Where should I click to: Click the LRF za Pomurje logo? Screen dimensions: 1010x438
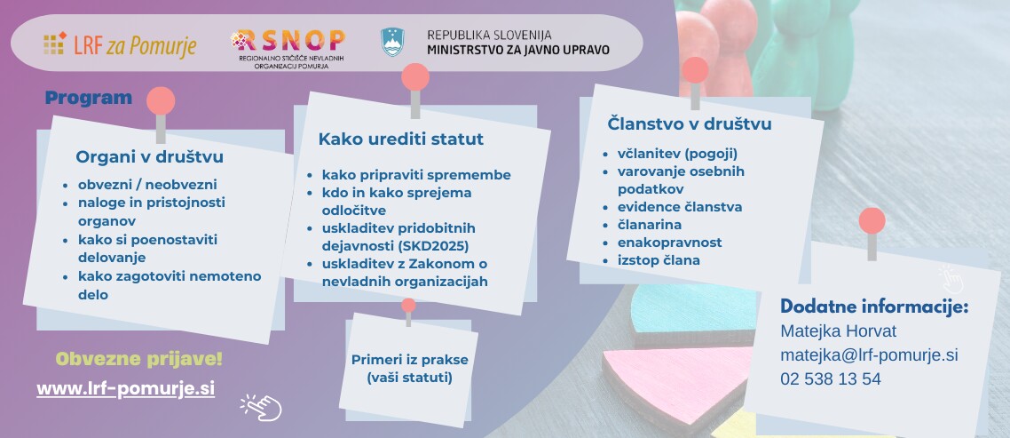pyautogui.click(x=120, y=44)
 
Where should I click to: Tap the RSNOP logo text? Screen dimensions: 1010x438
pyautogui.click(x=288, y=41)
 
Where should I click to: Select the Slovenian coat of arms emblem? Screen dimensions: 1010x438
pyautogui.click(x=392, y=42)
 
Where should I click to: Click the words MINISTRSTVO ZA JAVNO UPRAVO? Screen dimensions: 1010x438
pyautogui.click(x=518, y=50)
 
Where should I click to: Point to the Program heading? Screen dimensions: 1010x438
pyautogui.click(x=88, y=98)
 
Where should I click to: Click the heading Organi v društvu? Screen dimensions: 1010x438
pyautogui.click(x=149, y=156)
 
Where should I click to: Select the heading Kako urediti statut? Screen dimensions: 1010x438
pyautogui.click(x=400, y=139)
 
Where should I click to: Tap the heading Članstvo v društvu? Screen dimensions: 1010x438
pyautogui.click(x=690, y=123)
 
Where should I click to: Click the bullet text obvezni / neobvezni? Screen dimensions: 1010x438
pyautogui.click(x=147, y=185)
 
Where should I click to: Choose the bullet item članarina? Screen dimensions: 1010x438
pyautogui.click(x=650, y=225)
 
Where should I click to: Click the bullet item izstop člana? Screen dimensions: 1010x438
pyautogui.click(x=659, y=260)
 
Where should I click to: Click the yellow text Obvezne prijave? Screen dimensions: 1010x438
pyautogui.click(x=139, y=359)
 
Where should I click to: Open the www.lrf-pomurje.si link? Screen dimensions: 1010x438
pyautogui.click(x=126, y=389)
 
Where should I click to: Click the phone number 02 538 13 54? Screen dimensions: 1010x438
pyautogui.click(x=831, y=379)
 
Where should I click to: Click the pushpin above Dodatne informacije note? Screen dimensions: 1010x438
pyautogui.click(x=872, y=232)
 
